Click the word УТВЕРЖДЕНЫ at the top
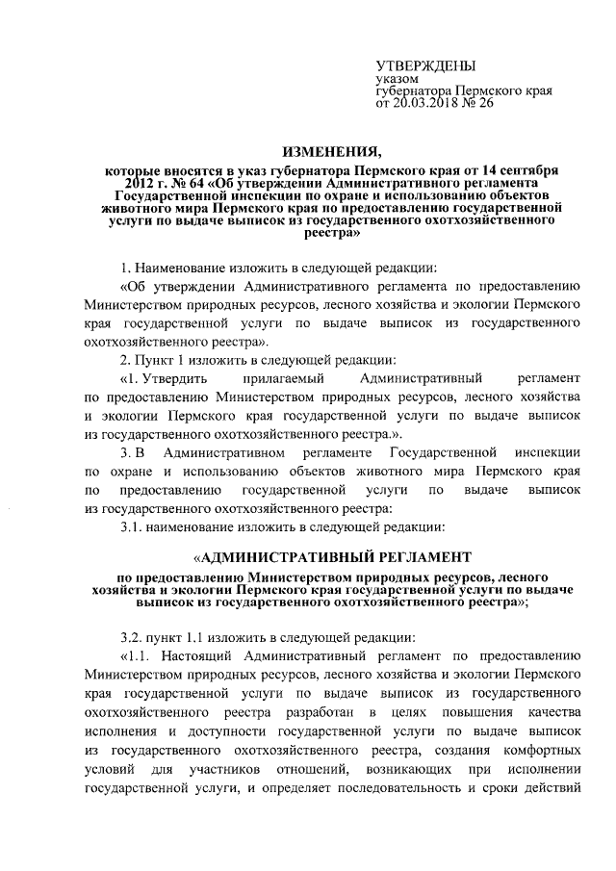tap(424, 65)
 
